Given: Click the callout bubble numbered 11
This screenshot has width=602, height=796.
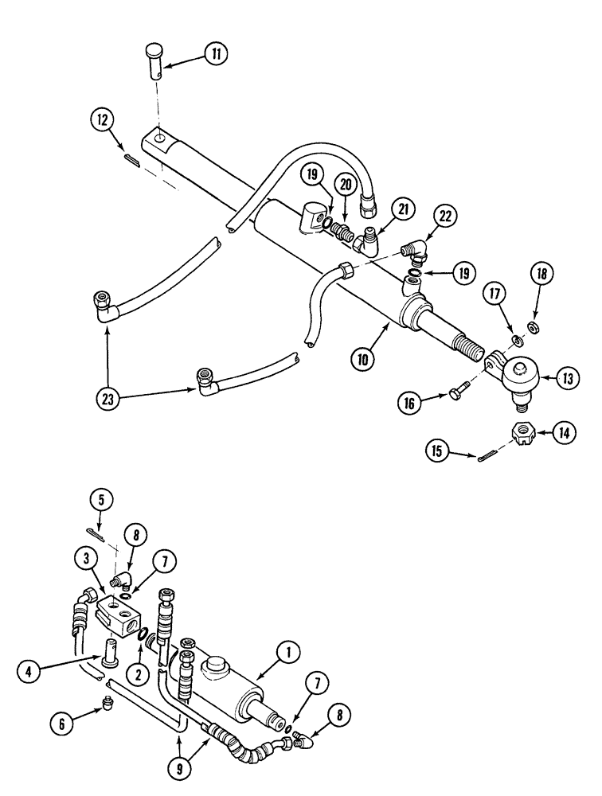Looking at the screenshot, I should click(x=214, y=55).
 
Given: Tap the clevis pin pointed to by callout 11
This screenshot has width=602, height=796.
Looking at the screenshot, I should click(x=156, y=60).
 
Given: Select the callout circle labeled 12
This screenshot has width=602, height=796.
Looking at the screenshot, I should click(x=101, y=121).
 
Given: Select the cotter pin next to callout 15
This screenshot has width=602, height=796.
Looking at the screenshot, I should click(x=492, y=456).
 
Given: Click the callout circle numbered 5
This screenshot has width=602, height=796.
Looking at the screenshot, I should click(x=101, y=501).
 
